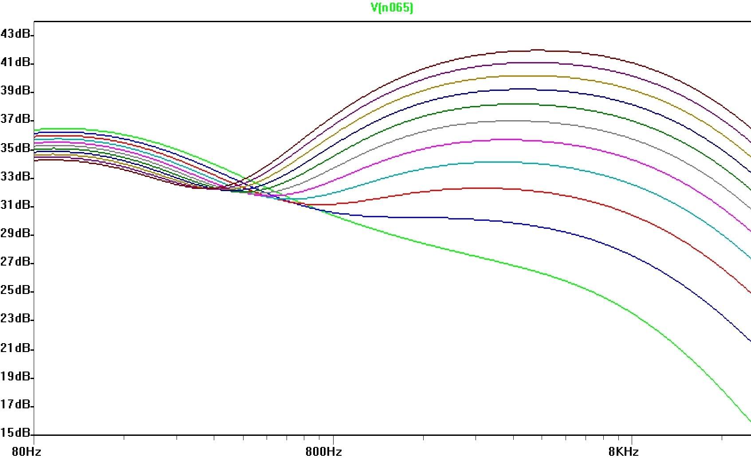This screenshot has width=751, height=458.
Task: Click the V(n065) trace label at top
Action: click(x=392, y=8)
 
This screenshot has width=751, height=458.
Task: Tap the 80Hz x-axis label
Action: click(x=27, y=451)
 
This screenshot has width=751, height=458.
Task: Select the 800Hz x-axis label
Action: click(x=324, y=451)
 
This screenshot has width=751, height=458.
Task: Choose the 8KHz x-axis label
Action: click(x=623, y=451)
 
